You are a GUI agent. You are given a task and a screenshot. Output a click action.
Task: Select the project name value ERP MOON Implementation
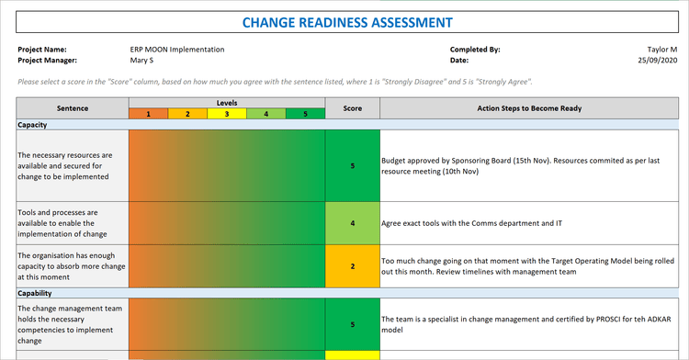coord(177,50)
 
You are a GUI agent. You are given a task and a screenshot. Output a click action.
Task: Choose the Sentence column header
coord(73,108)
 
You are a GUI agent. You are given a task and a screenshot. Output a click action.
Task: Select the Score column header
coord(352,108)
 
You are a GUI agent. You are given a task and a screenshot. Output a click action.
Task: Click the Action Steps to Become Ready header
coord(528,108)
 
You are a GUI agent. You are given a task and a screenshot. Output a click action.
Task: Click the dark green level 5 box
coord(305,115)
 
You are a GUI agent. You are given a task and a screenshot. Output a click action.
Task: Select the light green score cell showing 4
coord(352,223)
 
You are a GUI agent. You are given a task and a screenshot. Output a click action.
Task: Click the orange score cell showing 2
coord(352,266)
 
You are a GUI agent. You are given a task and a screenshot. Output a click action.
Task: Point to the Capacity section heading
coord(33,125)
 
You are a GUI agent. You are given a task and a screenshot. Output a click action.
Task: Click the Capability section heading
coord(37,294)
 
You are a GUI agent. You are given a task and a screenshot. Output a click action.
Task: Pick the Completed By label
coord(475,50)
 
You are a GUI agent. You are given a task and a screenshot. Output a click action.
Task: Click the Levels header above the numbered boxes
coord(227,103)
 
